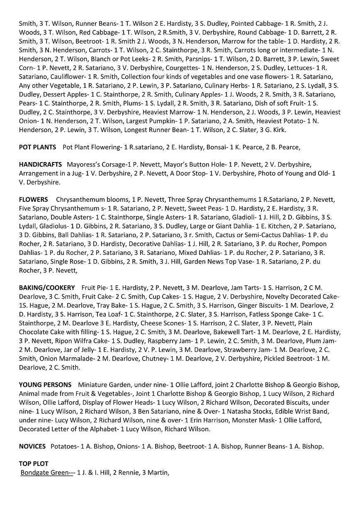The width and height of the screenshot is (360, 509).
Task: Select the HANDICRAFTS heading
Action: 40,165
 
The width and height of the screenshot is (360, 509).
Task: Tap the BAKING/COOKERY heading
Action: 47,288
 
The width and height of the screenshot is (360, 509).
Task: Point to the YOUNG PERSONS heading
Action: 45,385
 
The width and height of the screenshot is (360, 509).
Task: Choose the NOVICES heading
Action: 32,446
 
